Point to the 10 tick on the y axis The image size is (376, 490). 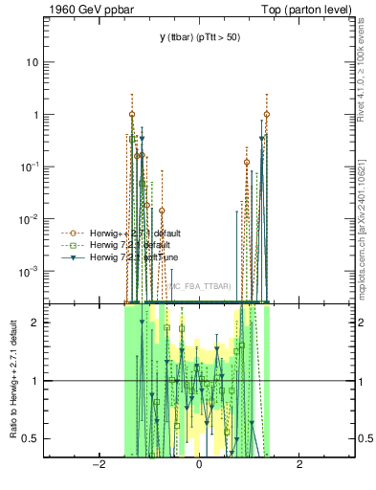pyautogui.click(x=35, y=62)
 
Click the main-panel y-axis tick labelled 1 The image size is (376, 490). pyautogui.click(x=37, y=115)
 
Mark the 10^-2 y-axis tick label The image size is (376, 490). pyautogui.click(x=33, y=219)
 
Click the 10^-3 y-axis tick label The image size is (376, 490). pyautogui.click(x=33, y=272)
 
